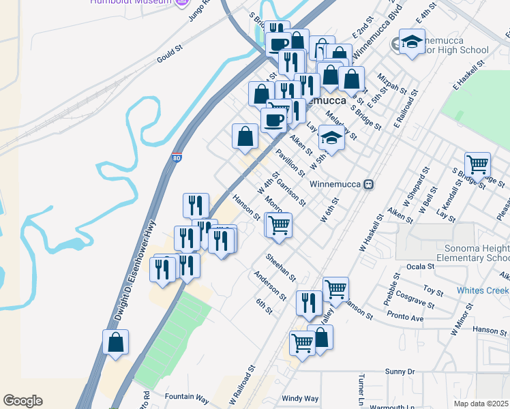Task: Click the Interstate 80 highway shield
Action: [177, 157]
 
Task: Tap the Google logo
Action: [22, 401]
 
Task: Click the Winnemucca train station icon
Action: [368, 184]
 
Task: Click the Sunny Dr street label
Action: [400, 372]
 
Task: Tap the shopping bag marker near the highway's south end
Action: [115, 342]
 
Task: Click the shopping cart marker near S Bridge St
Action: [477, 164]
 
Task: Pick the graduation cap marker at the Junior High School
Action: [412, 41]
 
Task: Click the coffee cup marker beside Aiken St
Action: [273, 120]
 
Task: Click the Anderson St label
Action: [270, 286]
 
